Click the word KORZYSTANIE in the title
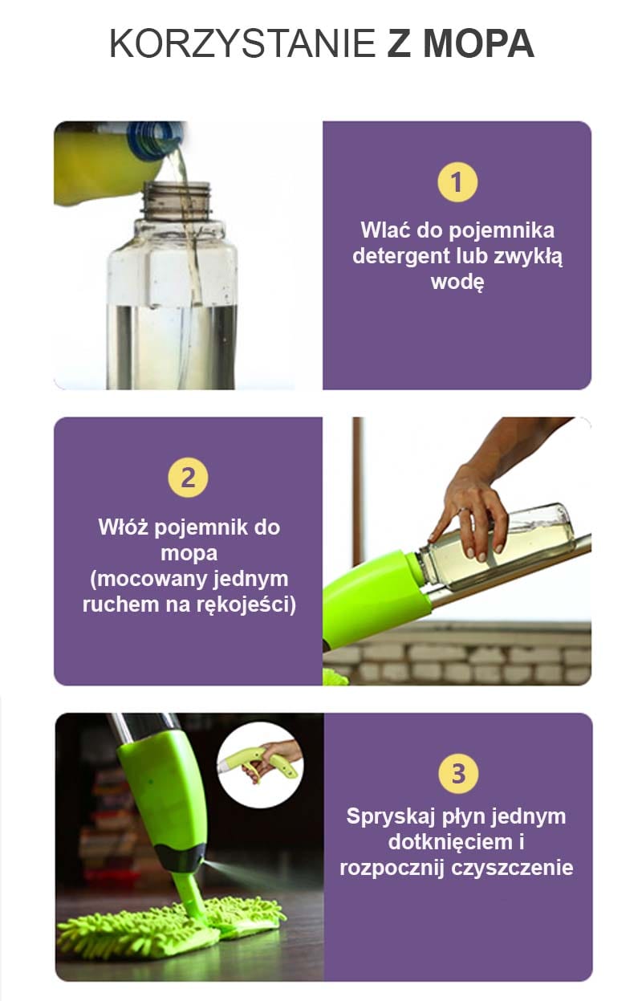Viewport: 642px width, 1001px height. pyautogui.click(x=242, y=43)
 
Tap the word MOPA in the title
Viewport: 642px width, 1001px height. pyautogui.click(x=478, y=43)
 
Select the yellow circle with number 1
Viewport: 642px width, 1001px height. pyautogui.click(x=457, y=182)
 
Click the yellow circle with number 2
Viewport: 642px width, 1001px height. pyautogui.click(x=188, y=478)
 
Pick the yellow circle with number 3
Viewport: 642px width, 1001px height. pyautogui.click(x=458, y=774)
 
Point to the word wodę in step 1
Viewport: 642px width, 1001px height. pyautogui.click(x=457, y=282)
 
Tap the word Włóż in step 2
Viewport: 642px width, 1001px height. pyautogui.click(x=123, y=527)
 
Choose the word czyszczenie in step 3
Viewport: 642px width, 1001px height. pyautogui.click(x=512, y=868)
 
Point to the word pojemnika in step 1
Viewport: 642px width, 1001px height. pyautogui.click(x=502, y=231)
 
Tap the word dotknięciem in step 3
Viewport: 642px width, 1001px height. pyautogui.click(x=450, y=842)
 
